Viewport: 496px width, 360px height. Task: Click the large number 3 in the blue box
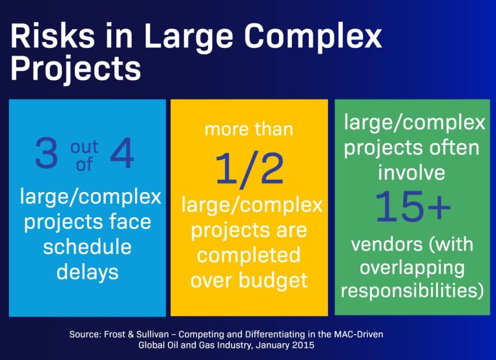46,157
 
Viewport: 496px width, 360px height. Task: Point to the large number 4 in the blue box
121,157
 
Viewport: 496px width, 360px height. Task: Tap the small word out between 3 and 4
84,149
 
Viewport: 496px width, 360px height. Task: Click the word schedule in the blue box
87,247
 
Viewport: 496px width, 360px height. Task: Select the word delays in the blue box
87,271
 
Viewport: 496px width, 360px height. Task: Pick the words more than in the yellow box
249,129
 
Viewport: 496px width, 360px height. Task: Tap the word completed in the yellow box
249,255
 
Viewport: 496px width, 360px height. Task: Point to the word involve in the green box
411,173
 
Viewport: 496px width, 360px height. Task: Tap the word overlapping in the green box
411,267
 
